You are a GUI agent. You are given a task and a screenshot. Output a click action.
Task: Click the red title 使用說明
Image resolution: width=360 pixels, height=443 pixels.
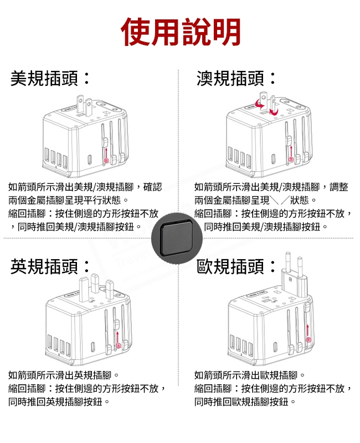click(181, 32)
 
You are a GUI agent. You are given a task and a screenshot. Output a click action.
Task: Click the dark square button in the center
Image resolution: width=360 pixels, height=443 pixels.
click(177, 239)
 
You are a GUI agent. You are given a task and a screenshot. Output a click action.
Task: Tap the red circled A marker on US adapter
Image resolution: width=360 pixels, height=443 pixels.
click(106, 161)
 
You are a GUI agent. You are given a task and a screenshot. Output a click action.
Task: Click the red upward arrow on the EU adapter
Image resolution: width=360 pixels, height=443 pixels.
click(308, 331)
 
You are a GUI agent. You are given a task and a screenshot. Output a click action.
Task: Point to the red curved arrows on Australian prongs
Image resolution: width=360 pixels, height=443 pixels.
click(266, 107)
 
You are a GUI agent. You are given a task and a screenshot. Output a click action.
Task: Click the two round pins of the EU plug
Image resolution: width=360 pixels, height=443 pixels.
click(294, 261)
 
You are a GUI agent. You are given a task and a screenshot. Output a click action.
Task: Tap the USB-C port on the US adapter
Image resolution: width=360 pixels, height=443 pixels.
click(90, 159)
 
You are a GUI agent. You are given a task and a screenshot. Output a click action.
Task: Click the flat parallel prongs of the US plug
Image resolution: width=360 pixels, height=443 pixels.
click(84, 106)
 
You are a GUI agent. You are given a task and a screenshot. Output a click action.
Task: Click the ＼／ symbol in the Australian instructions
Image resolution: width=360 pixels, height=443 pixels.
click(280, 200)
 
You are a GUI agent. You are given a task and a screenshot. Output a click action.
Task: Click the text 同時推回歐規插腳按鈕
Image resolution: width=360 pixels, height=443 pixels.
click(241, 401)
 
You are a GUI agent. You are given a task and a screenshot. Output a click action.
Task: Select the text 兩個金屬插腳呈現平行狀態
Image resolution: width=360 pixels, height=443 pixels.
click(64, 200)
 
